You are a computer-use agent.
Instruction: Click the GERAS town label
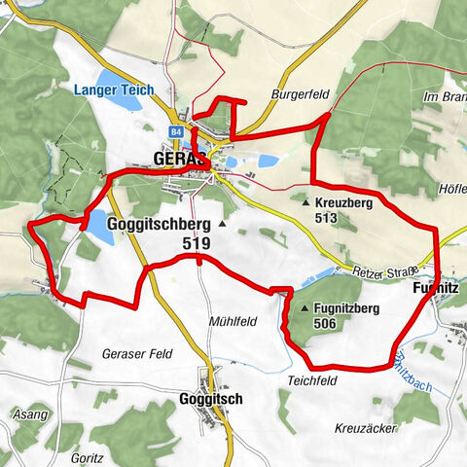tap(179, 159)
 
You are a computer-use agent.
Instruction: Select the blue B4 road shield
tap(176, 130)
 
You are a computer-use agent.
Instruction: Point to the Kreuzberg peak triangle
tap(306, 203)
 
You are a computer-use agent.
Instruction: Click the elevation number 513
tap(327, 219)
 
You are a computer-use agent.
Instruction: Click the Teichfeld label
tap(312, 380)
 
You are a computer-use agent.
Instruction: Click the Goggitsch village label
tap(210, 399)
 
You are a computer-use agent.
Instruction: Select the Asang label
tap(30, 415)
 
